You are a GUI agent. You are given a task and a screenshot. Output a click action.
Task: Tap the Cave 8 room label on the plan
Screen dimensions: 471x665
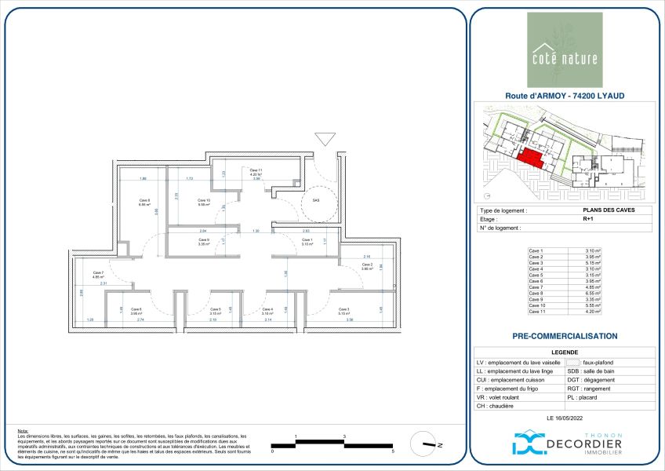[144, 203]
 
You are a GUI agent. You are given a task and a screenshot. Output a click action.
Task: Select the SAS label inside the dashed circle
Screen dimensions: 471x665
[316, 200]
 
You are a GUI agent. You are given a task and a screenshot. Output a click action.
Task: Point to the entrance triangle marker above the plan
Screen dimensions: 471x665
[324, 140]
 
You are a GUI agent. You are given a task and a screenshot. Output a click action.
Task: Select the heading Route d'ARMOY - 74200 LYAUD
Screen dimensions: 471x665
[565, 97]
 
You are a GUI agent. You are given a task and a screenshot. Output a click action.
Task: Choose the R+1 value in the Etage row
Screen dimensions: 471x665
[587, 220]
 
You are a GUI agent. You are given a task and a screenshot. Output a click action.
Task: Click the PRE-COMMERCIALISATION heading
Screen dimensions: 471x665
[565, 336]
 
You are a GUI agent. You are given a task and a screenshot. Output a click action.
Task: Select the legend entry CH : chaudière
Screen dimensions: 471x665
[495, 406]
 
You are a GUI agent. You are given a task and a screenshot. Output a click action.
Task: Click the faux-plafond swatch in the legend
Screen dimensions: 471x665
[572, 363]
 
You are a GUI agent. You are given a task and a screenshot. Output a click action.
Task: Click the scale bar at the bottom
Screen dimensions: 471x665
[332, 444]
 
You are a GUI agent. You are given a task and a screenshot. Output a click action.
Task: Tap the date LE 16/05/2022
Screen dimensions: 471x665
[565, 419]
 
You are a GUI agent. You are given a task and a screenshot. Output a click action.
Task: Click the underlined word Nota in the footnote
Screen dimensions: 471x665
[22, 431]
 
